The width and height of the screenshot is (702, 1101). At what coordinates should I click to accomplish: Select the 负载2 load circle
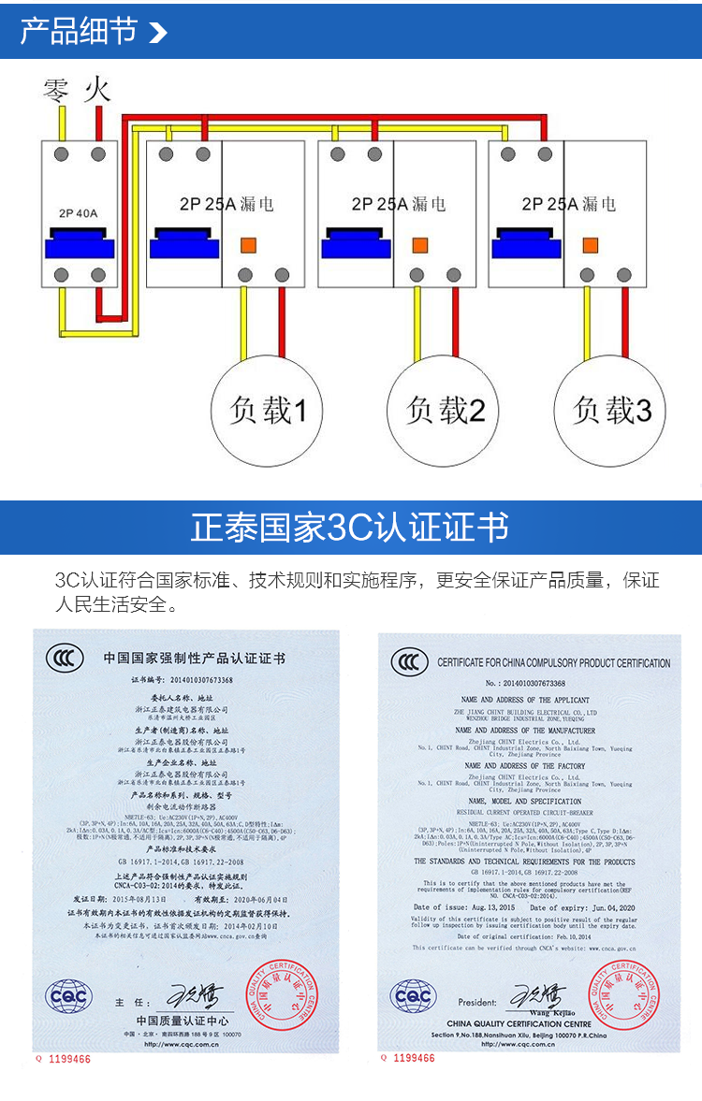click(443, 411)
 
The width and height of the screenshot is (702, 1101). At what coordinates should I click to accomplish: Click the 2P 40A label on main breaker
click(80, 212)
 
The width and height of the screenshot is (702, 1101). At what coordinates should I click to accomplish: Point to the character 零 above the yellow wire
click(58, 91)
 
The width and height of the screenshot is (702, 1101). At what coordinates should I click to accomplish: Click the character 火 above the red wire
click(97, 91)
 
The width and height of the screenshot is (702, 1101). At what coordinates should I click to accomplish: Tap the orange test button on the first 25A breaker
click(250, 246)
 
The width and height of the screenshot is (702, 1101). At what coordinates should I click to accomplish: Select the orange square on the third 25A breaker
click(591, 246)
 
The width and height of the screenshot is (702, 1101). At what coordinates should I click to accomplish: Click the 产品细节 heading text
click(79, 32)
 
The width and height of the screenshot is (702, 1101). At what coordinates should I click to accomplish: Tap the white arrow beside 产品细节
click(157, 34)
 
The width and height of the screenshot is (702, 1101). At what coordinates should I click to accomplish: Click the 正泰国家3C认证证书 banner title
click(350, 528)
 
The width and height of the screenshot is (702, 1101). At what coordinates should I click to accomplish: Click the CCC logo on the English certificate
click(410, 662)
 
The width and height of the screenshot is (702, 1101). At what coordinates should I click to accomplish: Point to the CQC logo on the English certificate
click(412, 997)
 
